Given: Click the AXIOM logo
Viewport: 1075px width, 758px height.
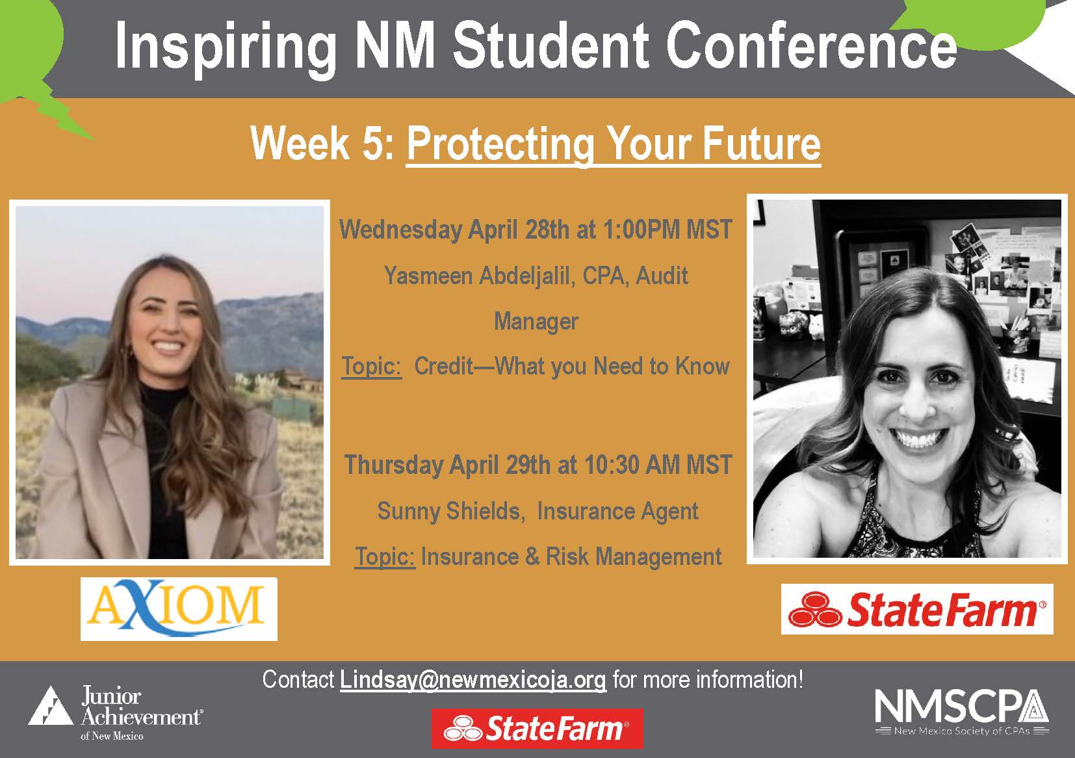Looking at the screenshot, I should pos(179,608).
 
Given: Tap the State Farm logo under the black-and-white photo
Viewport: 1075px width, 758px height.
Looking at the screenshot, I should pos(916,609).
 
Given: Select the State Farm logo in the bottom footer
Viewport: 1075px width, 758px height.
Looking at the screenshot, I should pos(537,728).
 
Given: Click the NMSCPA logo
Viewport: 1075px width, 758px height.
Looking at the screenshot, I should pos(961,711).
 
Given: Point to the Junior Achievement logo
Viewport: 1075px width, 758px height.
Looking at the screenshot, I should pos(116,713).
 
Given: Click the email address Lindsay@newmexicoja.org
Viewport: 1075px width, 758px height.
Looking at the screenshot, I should pos(473,680).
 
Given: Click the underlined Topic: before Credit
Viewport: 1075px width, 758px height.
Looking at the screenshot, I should pos(372,366).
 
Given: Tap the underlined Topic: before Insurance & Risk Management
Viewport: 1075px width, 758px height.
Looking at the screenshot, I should pos(385,556).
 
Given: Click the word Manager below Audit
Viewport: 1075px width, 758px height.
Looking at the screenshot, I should pos(536,321).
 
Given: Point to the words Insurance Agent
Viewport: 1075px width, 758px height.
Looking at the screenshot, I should pos(617,511).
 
